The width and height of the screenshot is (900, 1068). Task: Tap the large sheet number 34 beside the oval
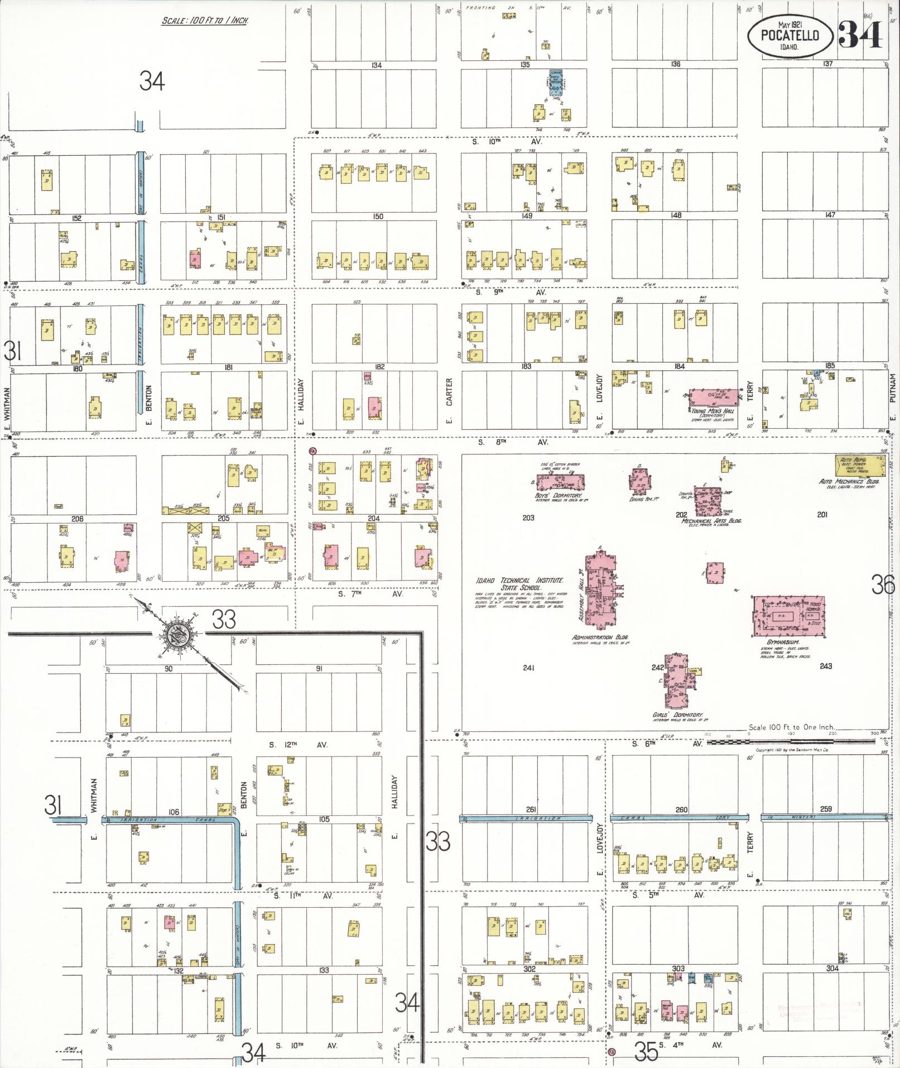point(860,34)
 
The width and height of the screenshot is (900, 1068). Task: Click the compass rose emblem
point(178,634)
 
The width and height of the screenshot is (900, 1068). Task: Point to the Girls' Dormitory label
point(678,715)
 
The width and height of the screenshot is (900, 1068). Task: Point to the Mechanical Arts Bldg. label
point(711,520)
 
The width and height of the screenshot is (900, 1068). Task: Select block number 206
point(77,519)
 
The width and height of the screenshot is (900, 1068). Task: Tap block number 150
point(378,216)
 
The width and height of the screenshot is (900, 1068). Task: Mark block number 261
point(531,810)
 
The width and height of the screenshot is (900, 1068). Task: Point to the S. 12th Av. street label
point(299,745)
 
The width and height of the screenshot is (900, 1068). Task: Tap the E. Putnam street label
point(892,396)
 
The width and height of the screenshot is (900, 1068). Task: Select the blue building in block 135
point(555,84)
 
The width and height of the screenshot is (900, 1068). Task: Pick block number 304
point(832,969)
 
